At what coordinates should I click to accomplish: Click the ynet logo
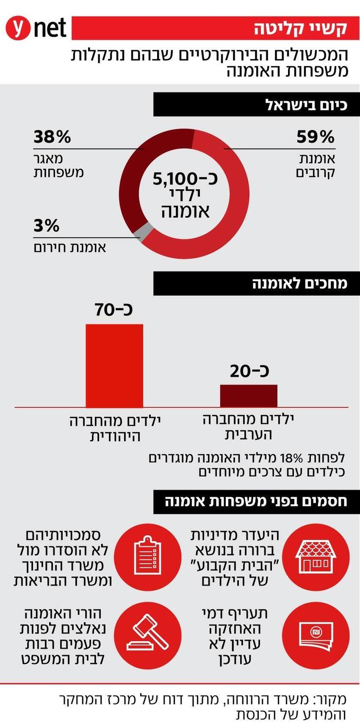point(36,28)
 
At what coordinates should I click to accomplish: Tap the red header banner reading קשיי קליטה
point(216,28)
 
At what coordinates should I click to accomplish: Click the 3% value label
point(46,226)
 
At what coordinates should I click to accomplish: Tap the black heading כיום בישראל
point(257,105)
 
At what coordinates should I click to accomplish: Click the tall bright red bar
point(114,365)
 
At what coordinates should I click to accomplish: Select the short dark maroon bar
point(249,396)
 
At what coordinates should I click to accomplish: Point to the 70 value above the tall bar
point(115,309)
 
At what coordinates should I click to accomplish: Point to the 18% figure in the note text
point(294,457)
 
